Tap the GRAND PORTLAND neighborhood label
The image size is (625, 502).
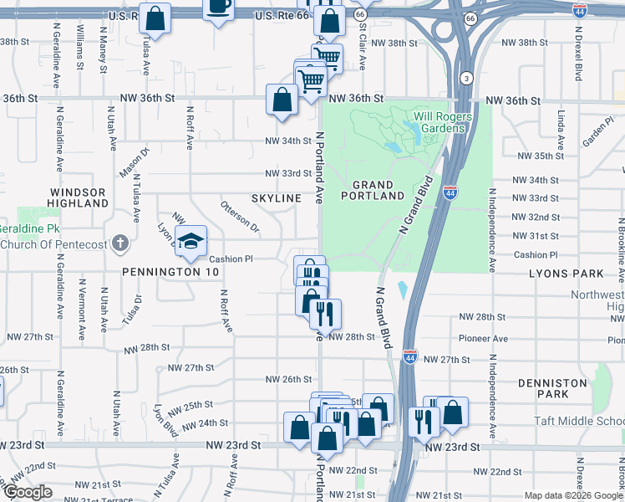point(373,190)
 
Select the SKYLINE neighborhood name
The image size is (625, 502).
point(276,197)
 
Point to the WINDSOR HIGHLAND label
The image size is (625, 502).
point(77,197)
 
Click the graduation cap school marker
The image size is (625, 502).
point(191,242)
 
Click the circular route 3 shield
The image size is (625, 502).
point(465,78)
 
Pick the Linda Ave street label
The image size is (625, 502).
point(561,125)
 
